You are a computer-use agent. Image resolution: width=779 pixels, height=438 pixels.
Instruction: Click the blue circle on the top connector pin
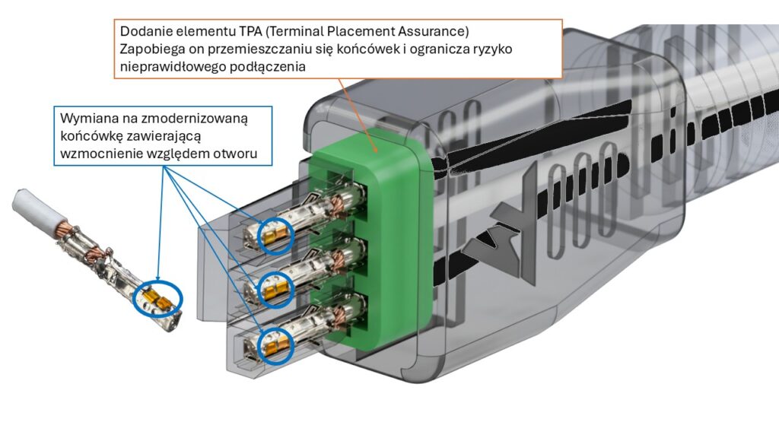[272, 235]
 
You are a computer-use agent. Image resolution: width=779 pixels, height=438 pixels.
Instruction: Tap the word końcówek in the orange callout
[385, 49]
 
